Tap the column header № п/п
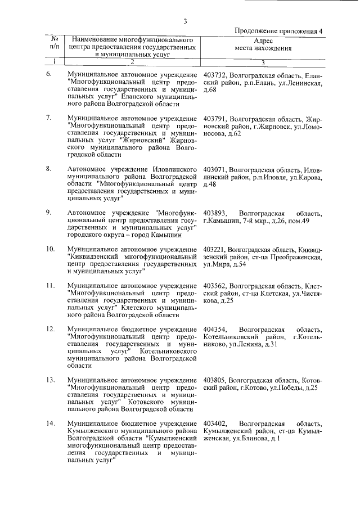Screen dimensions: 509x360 [55, 44]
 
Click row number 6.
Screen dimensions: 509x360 [49, 74]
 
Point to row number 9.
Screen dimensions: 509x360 [49, 212]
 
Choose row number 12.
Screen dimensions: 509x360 [50, 329]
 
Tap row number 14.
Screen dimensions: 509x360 [50, 423]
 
